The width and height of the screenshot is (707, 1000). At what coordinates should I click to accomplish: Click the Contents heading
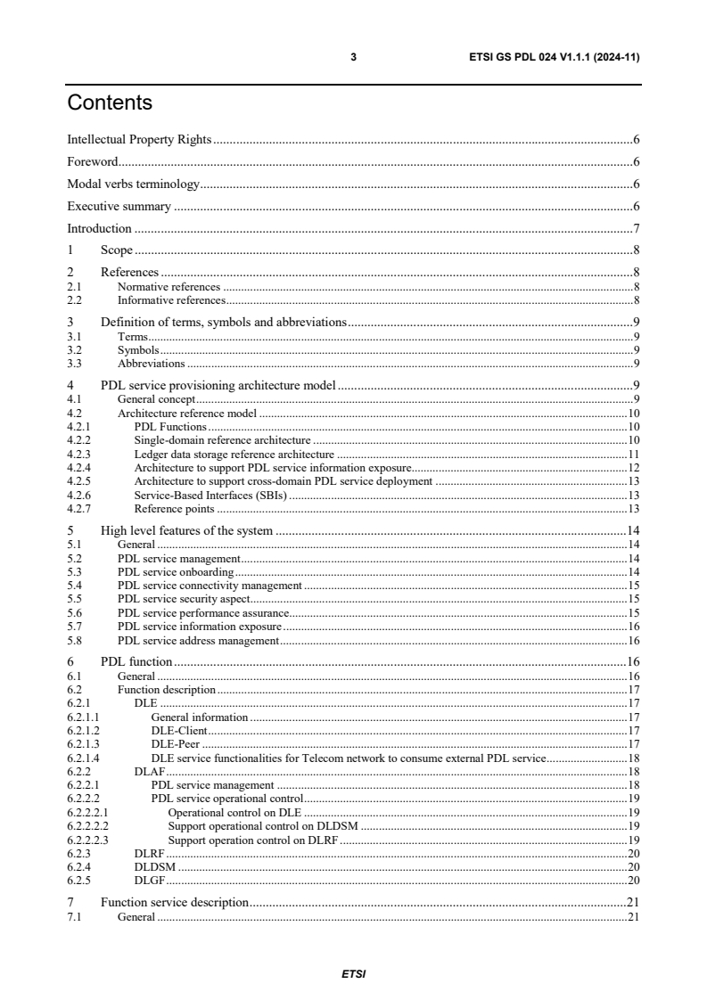(x=110, y=103)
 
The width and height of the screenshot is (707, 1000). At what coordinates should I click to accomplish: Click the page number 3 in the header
(x=353, y=58)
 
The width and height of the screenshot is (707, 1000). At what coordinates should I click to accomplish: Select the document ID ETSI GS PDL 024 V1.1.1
(x=542, y=58)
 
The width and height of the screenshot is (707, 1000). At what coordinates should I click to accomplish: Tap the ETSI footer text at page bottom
(x=353, y=973)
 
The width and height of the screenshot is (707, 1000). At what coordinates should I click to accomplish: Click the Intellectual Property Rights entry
(x=138, y=140)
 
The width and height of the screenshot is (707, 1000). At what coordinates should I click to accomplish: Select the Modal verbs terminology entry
(x=134, y=184)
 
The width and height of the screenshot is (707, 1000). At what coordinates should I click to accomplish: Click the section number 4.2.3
(x=79, y=455)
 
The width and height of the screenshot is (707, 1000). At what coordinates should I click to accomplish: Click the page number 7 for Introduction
(x=636, y=228)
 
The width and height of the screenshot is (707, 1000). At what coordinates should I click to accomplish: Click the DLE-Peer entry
(x=176, y=744)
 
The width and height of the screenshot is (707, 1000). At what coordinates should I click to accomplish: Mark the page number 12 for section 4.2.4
(x=634, y=468)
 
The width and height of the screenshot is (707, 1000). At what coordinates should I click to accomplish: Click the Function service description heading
(x=174, y=902)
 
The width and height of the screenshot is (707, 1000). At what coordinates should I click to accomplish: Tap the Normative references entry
(x=169, y=287)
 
